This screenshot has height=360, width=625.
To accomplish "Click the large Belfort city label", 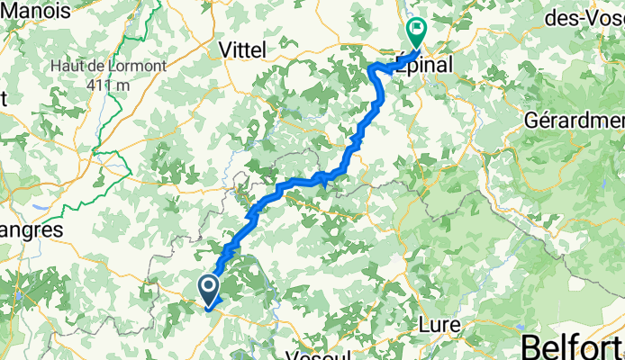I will (x=574, y=346).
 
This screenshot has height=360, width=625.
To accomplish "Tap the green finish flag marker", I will (x=417, y=33).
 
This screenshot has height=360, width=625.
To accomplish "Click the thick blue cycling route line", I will (x=297, y=184).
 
